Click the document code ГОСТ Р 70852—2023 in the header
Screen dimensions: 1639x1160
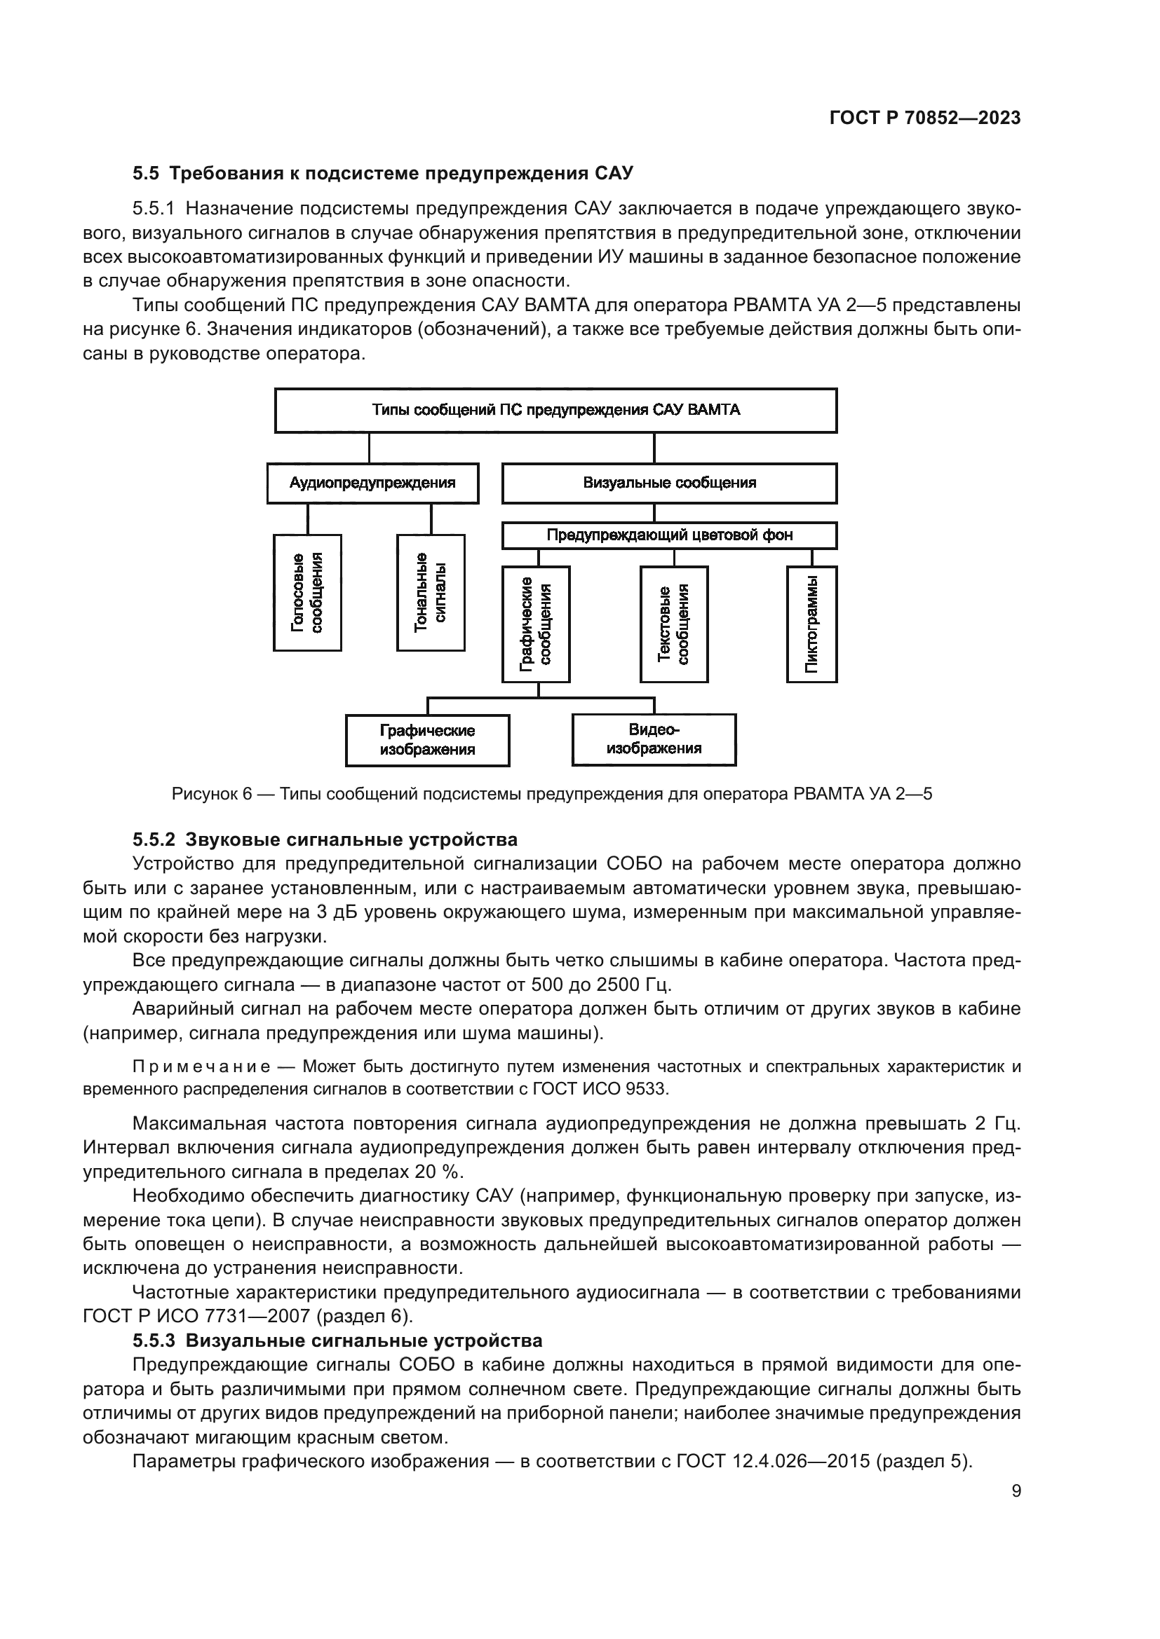pyautogui.click(x=925, y=118)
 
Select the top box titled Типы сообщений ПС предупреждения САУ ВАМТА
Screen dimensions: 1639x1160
pyautogui.click(x=555, y=411)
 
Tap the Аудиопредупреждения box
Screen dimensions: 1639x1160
pyautogui.click(x=372, y=484)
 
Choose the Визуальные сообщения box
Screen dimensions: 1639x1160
pyautogui.click(x=669, y=484)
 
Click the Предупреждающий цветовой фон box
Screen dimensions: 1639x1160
pyautogui.click(x=669, y=535)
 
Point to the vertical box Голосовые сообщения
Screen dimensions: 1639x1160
pyautogui.click(x=307, y=593)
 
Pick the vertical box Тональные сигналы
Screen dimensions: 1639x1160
pyautogui.click(x=431, y=593)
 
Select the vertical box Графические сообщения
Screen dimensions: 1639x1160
pyautogui.click(x=536, y=624)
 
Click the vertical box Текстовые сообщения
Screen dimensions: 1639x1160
pyautogui.click(x=673, y=624)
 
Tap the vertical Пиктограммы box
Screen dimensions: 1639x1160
pyautogui.click(x=811, y=624)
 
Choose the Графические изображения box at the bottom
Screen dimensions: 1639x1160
pyautogui.click(x=427, y=740)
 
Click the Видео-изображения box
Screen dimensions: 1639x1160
pyautogui.click(x=654, y=739)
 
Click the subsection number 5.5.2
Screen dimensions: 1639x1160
pyautogui.click(x=154, y=839)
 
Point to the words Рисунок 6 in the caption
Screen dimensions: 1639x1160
pyautogui.click(x=212, y=795)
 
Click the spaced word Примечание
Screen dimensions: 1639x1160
pyautogui.click(x=201, y=1067)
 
